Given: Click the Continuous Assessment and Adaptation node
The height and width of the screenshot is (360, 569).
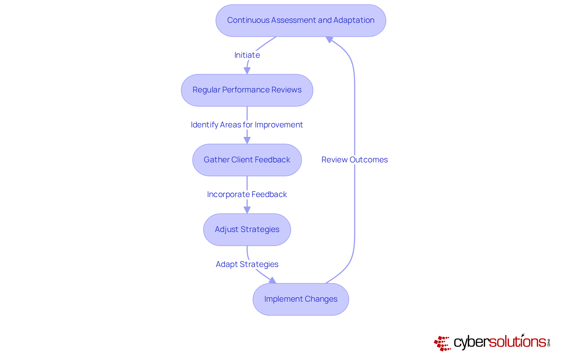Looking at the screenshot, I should pyautogui.click(x=301, y=20).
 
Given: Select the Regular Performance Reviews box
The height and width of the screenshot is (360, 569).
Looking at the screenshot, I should pyautogui.click(x=247, y=90).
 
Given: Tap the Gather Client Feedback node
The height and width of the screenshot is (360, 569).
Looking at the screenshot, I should pyautogui.click(x=247, y=160).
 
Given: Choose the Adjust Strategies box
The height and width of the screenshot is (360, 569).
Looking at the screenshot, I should pyautogui.click(x=247, y=230).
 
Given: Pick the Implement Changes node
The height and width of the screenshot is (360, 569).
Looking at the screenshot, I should pyautogui.click(x=301, y=299).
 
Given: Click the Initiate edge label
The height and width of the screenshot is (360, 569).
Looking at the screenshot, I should pyautogui.click(x=247, y=55).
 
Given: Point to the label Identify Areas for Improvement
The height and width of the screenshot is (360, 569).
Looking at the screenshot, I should pyautogui.click(x=247, y=125).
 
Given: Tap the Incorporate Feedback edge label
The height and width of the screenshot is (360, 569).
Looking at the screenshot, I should pyautogui.click(x=247, y=194).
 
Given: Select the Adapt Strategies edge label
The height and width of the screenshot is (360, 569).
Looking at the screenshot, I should pyautogui.click(x=247, y=264).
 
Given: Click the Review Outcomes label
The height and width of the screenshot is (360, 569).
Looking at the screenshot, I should pyautogui.click(x=354, y=160).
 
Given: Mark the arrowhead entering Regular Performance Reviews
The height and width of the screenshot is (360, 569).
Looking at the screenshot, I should pyautogui.click(x=247, y=71).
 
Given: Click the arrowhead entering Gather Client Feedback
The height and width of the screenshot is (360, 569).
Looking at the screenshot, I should pyautogui.click(x=247, y=140).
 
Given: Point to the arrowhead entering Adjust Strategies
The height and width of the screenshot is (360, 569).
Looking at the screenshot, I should pyautogui.click(x=247, y=210).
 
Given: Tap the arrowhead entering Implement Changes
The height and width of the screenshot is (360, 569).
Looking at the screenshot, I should pyautogui.click(x=272, y=280).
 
